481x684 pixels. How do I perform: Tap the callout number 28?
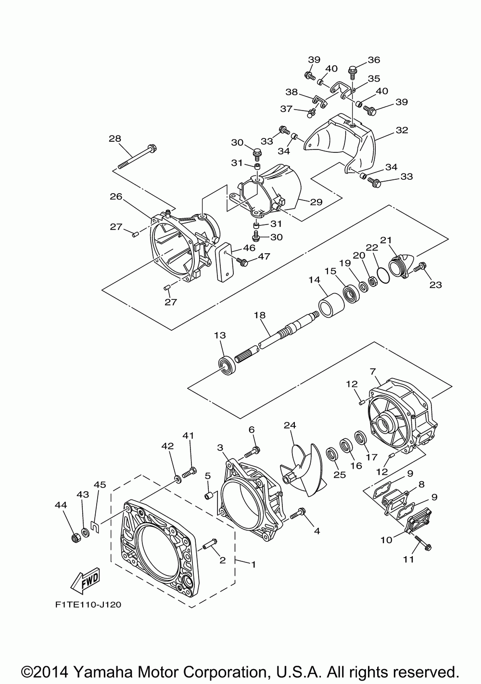pyautogui.click(x=114, y=138)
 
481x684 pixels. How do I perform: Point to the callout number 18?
pyautogui.click(x=260, y=315)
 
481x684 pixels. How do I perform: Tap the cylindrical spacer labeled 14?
pyautogui.click(x=330, y=306)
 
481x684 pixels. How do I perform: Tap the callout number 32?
pyautogui.click(x=402, y=130)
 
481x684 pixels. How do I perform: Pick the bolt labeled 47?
pyautogui.click(x=243, y=261)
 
